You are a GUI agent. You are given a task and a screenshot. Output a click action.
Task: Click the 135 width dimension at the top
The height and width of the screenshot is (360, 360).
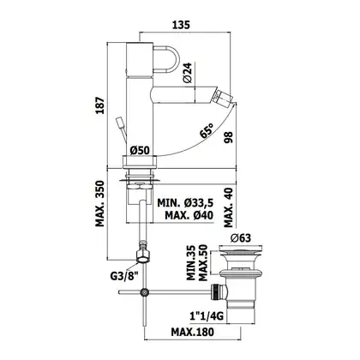tap(181, 25)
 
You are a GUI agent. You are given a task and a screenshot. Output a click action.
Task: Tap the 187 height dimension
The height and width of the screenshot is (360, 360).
tap(100, 105)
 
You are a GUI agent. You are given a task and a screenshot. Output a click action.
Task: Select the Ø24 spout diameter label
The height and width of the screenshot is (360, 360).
tap(188, 72)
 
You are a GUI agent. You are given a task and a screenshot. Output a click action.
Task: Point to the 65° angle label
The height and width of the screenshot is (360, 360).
tap(207, 130)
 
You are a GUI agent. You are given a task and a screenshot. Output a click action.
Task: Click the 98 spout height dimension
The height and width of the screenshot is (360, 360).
tap(229, 137)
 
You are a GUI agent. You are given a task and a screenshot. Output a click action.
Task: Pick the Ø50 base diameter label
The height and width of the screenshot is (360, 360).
tap(140, 150)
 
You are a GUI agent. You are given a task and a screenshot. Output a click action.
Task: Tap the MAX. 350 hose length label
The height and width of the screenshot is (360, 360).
tap(100, 203)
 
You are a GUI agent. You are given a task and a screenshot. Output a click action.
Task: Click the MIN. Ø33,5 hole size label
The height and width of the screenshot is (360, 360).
tap(185, 203)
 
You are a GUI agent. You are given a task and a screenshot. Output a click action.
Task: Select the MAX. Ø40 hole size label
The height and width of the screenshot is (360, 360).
tap(189, 215)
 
